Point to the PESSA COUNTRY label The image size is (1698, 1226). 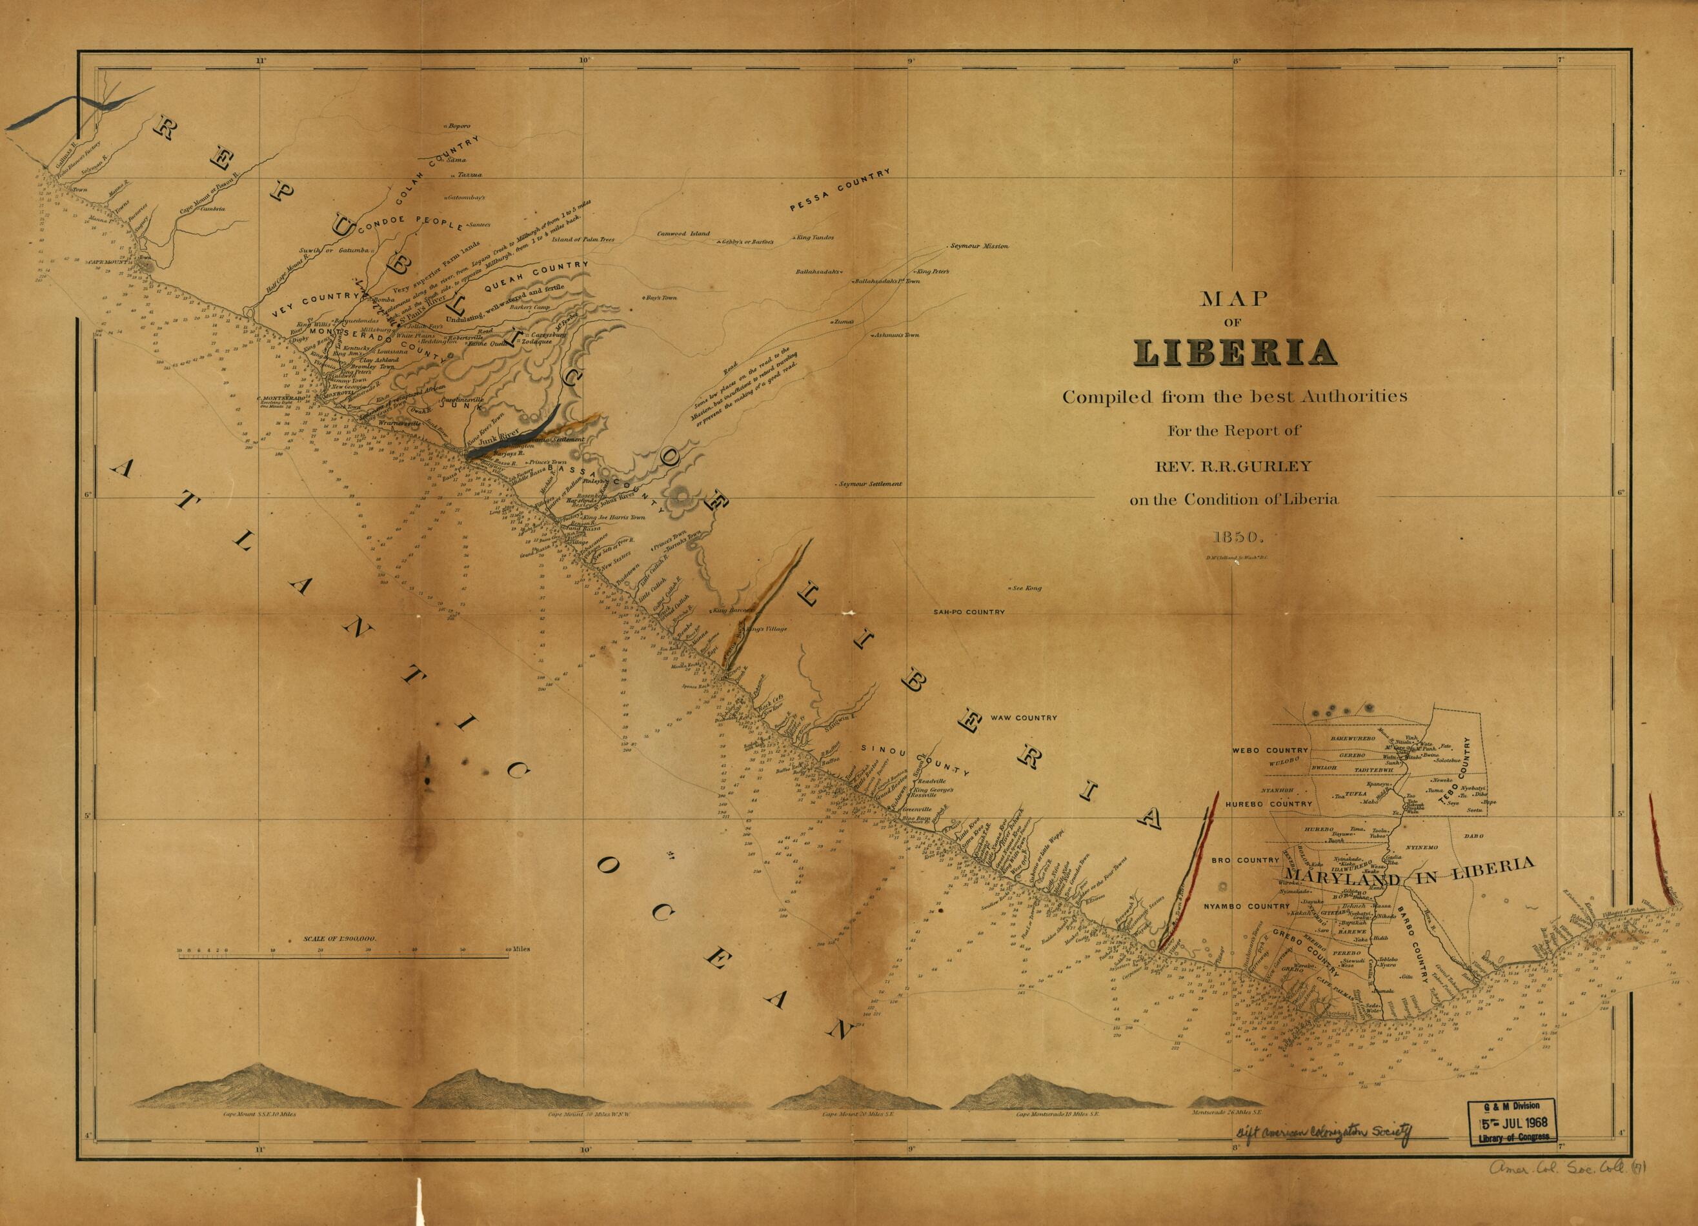coord(840,192)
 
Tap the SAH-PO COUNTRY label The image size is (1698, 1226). coord(968,612)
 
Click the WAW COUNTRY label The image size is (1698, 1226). coord(1024,718)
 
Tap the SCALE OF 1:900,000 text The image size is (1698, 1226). coord(339,938)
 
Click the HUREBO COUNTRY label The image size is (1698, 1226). coord(1269,804)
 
